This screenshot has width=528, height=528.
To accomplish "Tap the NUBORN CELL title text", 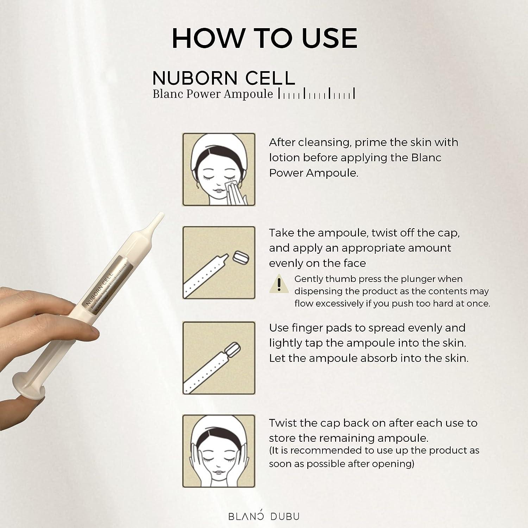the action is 224,78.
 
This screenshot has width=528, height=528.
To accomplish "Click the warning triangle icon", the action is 279,283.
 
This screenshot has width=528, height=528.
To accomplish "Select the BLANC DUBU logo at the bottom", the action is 264,516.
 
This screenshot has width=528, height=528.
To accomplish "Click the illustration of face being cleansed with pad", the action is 219,169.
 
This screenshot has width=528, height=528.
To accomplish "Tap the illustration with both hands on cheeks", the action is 219,451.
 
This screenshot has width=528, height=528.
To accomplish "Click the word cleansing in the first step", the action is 322,143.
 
